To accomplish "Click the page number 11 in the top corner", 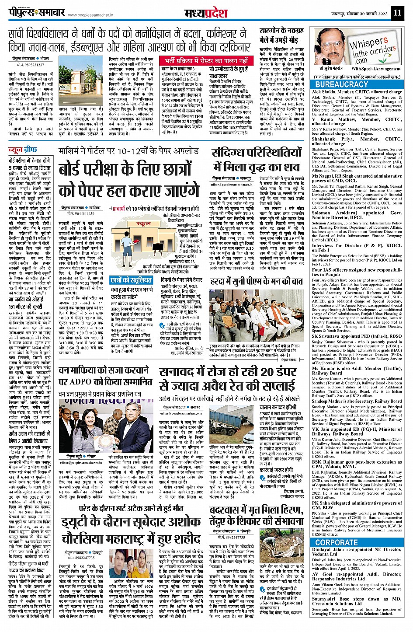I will [x=396, y=12].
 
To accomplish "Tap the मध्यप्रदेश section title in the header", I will [x=205, y=13].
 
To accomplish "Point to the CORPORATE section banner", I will [x=336, y=543].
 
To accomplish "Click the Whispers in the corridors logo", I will [x=372, y=49].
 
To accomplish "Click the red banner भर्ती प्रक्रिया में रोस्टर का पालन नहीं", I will [x=207, y=60].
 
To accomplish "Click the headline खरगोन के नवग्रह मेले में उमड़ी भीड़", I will [x=282, y=35].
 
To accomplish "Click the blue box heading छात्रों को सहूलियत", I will [x=131, y=280].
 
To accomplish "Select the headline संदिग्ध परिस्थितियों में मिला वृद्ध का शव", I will [x=257, y=160].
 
